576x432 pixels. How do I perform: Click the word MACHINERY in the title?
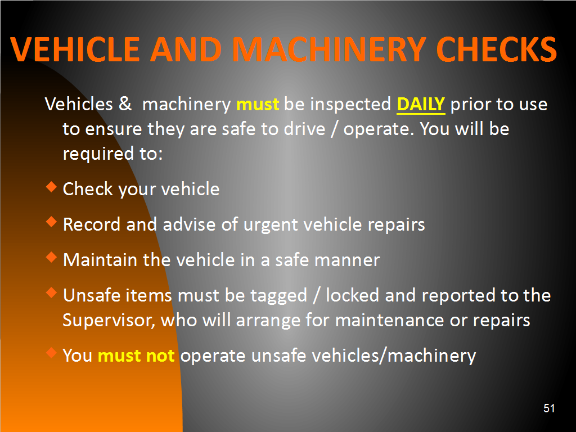tap(329, 49)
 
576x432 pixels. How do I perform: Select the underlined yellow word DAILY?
tap(421, 104)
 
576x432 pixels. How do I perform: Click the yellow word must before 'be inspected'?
tap(258, 104)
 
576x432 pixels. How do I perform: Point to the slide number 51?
tap(549, 408)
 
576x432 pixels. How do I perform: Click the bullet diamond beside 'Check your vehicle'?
tap(51, 187)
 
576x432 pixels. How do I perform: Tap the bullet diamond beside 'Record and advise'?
tap(51, 222)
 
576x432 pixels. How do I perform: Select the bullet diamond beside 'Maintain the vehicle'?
tap(51, 257)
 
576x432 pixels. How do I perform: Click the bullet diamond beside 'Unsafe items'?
tap(51, 292)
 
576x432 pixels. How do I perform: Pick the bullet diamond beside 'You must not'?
tap(51, 353)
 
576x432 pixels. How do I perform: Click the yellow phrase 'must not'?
tap(136, 355)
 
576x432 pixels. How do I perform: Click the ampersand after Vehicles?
tap(125, 103)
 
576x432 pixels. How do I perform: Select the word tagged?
tap(278, 296)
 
